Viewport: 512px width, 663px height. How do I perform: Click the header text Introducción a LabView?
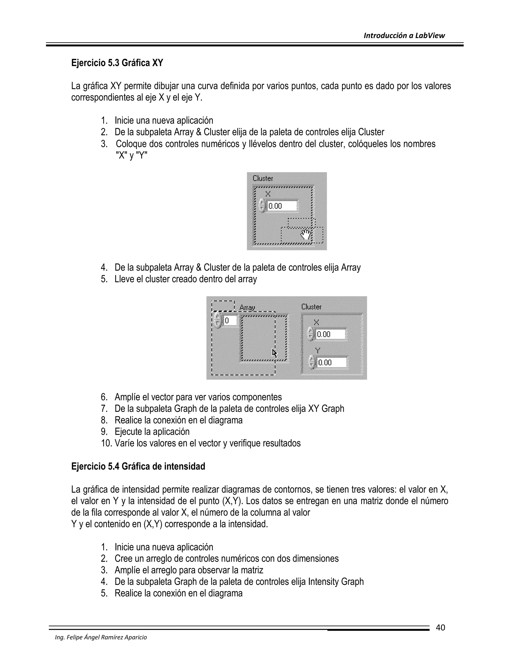tap(404, 36)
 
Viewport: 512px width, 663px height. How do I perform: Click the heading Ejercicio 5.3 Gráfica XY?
tap(117, 63)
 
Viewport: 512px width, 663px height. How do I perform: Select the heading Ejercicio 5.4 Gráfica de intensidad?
tap(138, 466)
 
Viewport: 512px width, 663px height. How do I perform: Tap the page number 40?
tap(440, 627)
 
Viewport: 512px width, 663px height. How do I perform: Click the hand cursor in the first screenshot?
tap(306, 235)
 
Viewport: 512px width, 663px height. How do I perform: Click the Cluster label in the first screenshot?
tap(263, 178)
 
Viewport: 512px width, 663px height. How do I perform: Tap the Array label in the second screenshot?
tap(247, 307)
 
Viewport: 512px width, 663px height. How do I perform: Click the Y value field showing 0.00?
tap(331, 363)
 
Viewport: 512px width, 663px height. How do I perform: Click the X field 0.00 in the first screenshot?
tap(282, 206)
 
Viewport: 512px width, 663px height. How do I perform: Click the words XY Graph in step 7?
tap(326, 409)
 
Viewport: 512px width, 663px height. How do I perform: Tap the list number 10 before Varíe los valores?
tap(106, 443)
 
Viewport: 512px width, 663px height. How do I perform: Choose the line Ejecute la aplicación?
tap(152, 432)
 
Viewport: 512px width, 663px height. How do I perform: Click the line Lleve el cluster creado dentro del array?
tap(186, 279)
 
